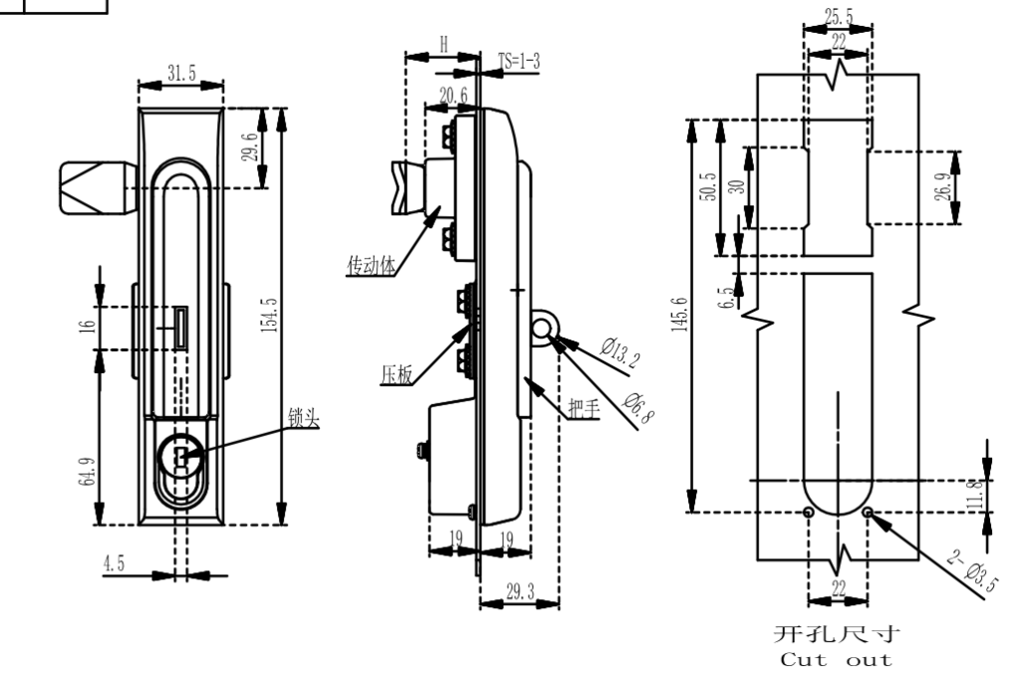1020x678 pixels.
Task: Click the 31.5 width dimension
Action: [x=181, y=73]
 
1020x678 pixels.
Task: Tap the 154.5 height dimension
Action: [x=269, y=316]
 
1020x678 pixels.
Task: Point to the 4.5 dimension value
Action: [x=114, y=563]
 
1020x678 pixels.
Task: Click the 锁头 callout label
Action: [x=304, y=418]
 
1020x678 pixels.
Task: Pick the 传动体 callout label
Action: [x=371, y=265]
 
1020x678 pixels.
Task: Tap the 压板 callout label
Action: [x=396, y=374]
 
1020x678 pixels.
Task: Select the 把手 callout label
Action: [x=584, y=408]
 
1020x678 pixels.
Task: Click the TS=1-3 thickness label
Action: [x=519, y=61]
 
